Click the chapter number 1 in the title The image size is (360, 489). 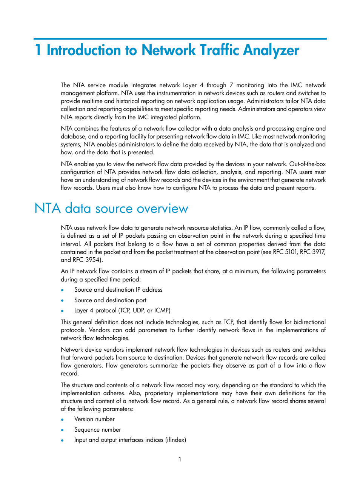pyautogui.click(x=38, y=50)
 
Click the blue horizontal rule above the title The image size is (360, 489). pyautogui.click(x=180, y=38)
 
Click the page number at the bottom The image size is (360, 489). pyautogui.click(x=180, y=459)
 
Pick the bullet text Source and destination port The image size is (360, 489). pyautogui.click(x=110, y=300)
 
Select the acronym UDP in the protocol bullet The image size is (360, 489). pyautogui.click(x=138, y=310)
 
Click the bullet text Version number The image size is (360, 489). pyautogui.click(x=94, y=419)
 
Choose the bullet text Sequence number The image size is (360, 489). pyautogui.click(x=97, y=429)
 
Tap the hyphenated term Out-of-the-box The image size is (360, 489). pyautogui.click(x=307, y=164)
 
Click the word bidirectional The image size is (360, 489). pyautogui.click(x=309, y=322)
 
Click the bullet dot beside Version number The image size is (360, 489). pyautogui.click(x=62, y=419)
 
